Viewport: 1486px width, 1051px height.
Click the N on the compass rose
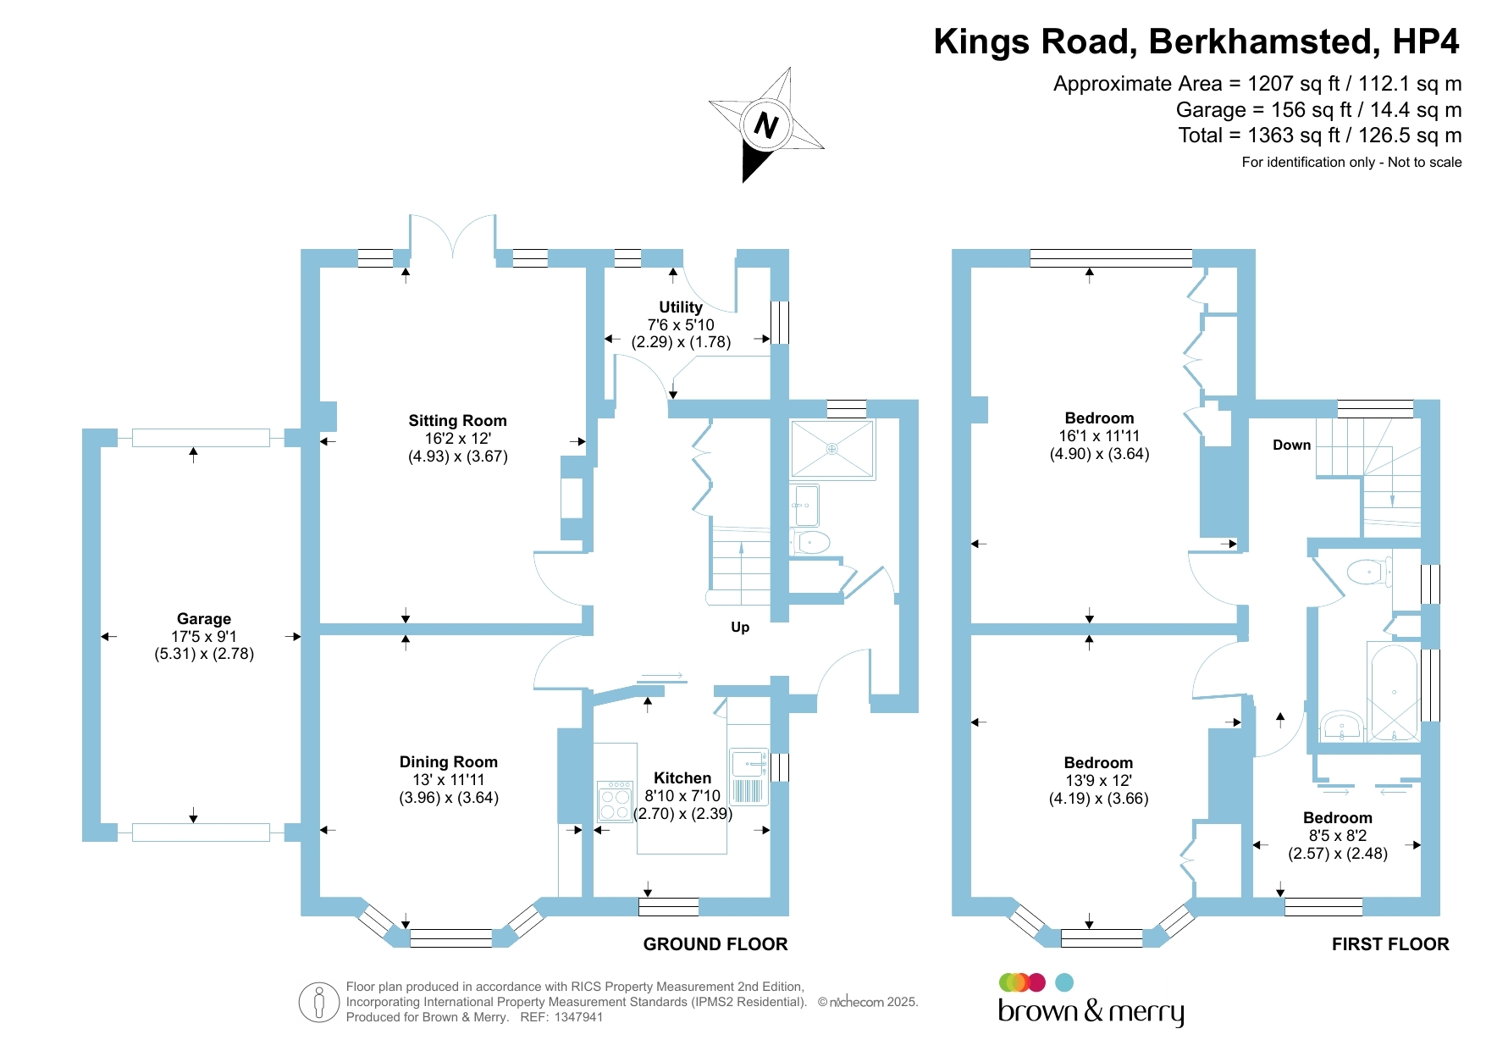[x=765, y=125]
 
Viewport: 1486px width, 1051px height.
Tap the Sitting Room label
[x=457, y=421]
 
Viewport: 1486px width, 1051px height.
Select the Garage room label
[x=204, y=619]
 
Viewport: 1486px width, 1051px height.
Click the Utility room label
[x=681, y=307]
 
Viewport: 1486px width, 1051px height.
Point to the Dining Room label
[x=448, y=762]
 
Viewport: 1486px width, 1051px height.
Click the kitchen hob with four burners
[x=615, y=801]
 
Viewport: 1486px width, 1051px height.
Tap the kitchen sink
[x=748, y=764]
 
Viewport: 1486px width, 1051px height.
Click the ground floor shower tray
[x=831, y=449]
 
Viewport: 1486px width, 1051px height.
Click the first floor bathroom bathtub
[x=1393, y=692]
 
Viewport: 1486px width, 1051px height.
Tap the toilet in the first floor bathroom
[x=1367, y=572]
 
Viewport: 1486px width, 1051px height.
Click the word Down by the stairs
[x=1291, y=445]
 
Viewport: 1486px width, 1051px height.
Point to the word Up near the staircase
[x=740, y=628]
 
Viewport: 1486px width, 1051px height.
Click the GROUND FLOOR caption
[x=715, y=944]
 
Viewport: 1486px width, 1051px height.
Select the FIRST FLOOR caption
[x=1389, y=944]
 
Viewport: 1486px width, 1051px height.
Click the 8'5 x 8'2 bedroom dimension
[x=1338, y=836]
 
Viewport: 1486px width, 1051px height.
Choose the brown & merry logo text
[x=1091, y=1011]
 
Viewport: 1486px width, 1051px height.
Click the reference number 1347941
[x=578, y=1017]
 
